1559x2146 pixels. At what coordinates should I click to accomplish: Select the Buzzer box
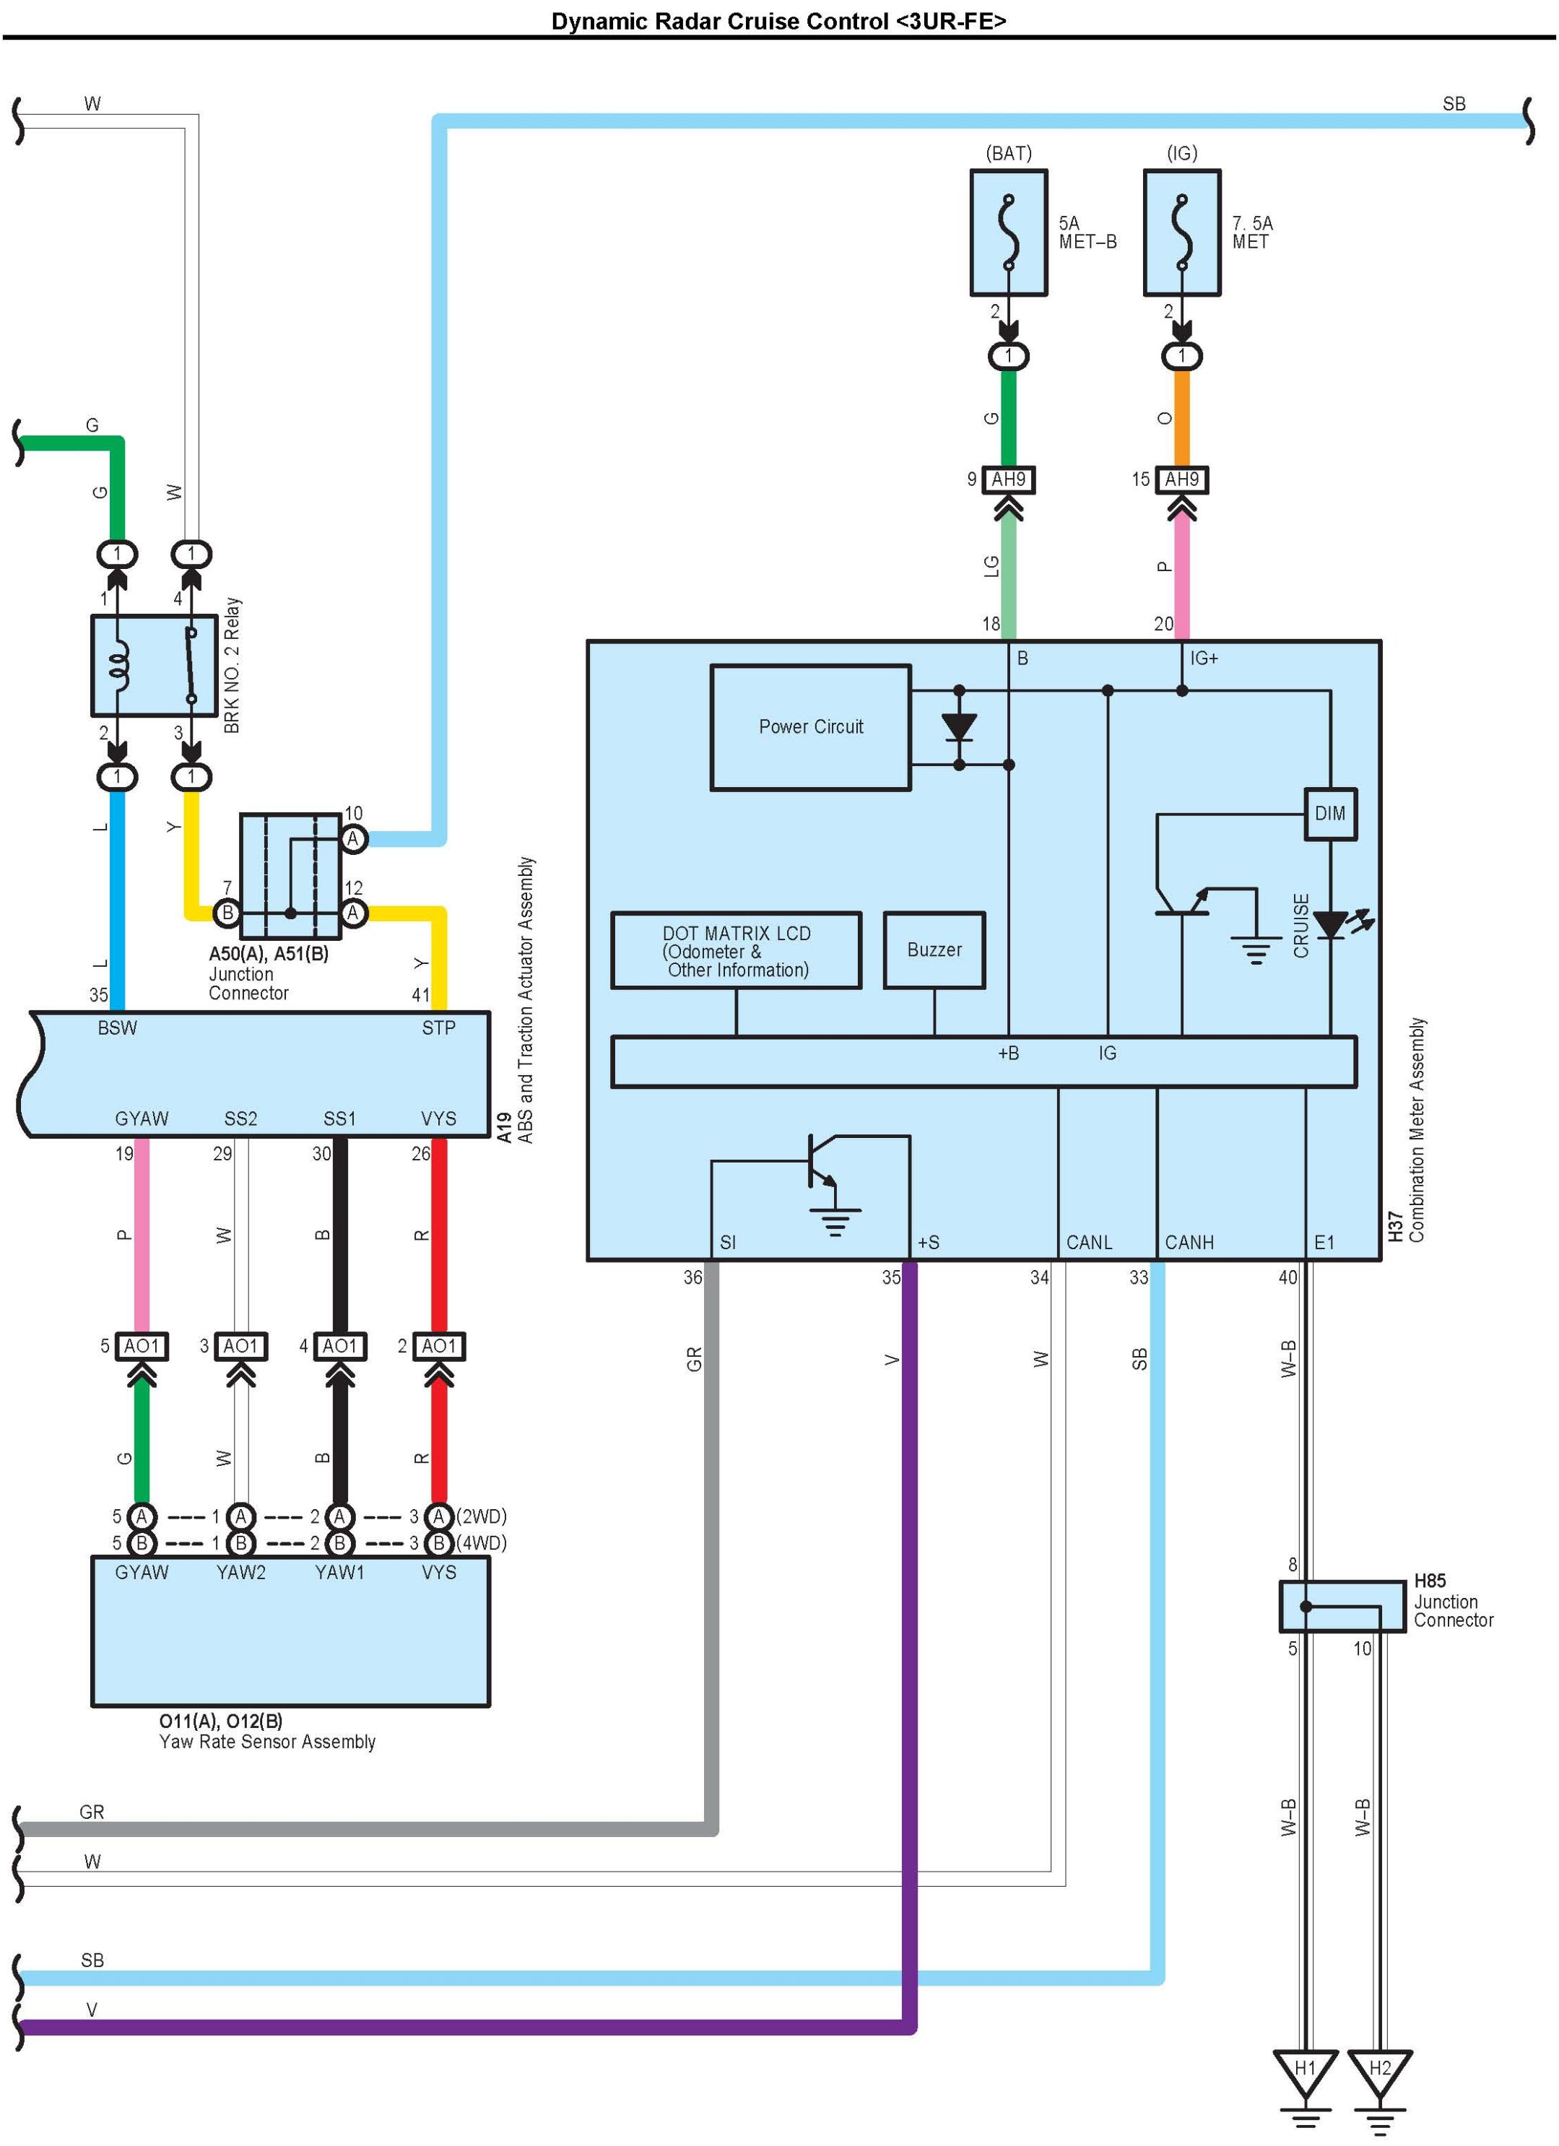(x=934, y=950)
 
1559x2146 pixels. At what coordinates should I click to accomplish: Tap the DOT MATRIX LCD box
(x=736, y=951)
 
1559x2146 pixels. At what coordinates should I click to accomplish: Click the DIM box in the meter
(x=1330, y=813)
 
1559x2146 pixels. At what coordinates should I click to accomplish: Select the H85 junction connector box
(x=1342, y=1607)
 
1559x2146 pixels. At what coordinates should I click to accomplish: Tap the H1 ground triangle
(x=1305, y=2069)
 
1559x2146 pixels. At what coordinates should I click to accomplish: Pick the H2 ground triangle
(x=1379, y=2069)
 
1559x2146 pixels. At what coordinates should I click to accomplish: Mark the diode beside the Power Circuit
(x=959, y=726)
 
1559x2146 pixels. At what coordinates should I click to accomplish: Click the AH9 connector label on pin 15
(x=1181, y=479)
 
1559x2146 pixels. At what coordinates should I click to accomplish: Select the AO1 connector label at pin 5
(x=142, y=1345)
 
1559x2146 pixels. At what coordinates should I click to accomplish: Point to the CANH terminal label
(x=1189, y=1243)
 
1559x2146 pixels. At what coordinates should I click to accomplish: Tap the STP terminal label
(x=439, y=1028)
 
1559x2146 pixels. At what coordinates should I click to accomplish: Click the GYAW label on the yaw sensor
(x=142, y=1572)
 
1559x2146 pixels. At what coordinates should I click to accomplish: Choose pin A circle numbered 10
(x=353, y=838)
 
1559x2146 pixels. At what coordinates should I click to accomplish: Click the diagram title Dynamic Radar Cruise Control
(x=778, y=21)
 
